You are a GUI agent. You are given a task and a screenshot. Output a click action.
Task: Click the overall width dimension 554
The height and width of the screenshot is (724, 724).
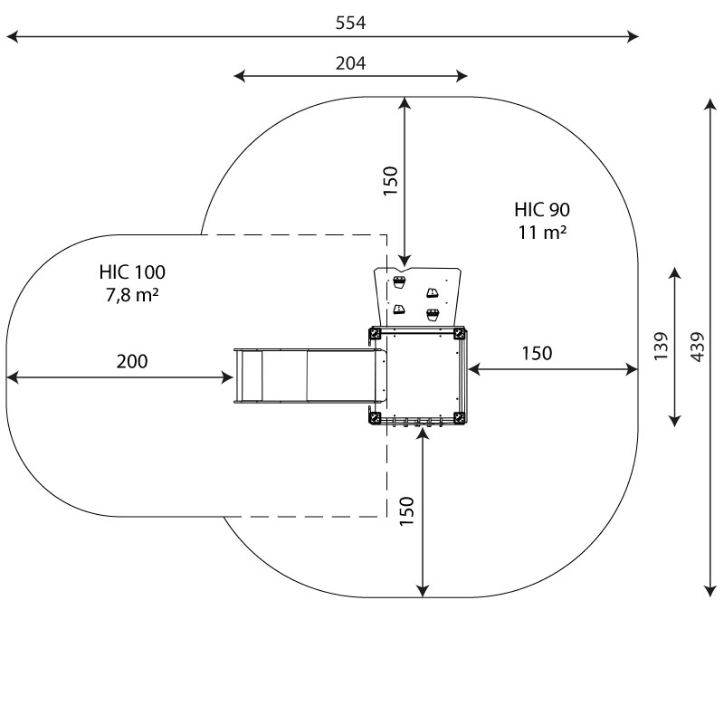(350, 24)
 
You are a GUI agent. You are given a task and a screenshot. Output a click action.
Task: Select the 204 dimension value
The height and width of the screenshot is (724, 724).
(350, 62)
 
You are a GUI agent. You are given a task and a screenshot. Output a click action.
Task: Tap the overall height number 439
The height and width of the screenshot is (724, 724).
(697, 345)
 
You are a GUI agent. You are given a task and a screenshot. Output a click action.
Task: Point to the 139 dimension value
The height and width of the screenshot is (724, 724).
(661, 346)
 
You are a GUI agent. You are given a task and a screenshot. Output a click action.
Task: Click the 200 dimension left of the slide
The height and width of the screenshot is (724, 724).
(132, 361)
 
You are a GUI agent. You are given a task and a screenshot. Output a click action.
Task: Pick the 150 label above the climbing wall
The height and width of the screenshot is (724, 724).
(391, 181)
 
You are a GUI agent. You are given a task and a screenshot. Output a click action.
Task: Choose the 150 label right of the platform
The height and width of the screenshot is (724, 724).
(537, 353)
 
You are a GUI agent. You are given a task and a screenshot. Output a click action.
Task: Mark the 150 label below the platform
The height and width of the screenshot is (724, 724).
(406, 511)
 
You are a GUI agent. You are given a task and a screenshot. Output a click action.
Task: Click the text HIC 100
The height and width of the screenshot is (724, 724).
(132, 271)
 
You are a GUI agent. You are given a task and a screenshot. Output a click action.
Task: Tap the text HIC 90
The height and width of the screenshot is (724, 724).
(542, 210)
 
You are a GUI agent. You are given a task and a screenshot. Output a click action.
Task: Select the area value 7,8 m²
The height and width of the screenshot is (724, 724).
(132, 293)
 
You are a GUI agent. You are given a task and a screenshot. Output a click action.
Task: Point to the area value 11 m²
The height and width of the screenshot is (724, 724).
(542, 232)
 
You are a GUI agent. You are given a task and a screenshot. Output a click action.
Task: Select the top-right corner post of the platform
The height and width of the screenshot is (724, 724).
(461, 334)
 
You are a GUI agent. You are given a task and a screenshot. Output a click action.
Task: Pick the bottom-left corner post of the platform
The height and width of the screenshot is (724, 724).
(375, 417)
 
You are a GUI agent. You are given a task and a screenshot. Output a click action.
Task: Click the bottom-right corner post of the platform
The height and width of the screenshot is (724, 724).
(461, 417)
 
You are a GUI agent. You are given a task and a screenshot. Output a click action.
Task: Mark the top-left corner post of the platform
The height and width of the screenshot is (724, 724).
(375, 334)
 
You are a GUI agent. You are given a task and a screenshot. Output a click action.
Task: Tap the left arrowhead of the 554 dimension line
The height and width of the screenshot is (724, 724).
(11, 37)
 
